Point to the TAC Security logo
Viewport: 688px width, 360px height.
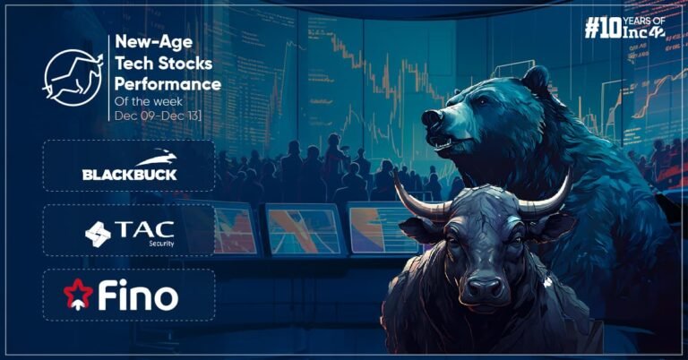coord(130,231)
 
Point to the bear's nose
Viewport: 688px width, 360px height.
coord(432,117)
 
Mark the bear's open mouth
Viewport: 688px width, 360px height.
coord(443,141)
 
